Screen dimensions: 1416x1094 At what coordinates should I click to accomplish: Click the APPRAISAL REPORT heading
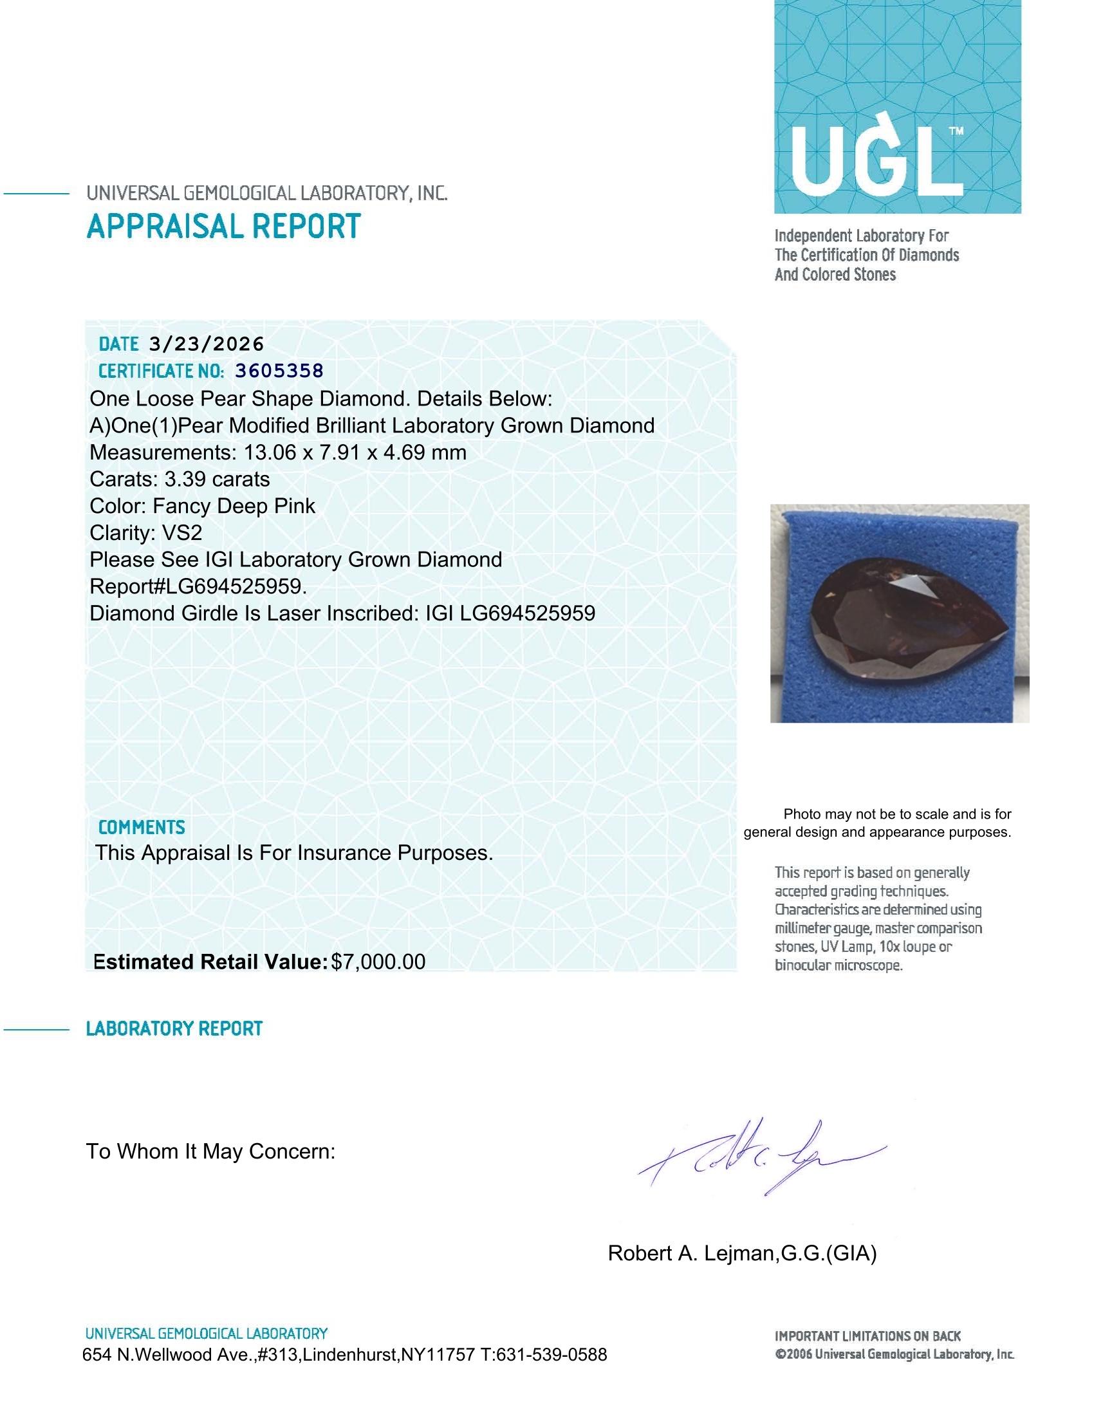pos(223,227)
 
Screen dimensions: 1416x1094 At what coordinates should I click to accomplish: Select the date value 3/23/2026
pos(206,344)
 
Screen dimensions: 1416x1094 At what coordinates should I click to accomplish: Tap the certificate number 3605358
pos(279,371)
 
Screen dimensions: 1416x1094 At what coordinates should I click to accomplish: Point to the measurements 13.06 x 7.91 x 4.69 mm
pos(355,452)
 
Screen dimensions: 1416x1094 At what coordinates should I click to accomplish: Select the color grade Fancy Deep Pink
pos(234,507)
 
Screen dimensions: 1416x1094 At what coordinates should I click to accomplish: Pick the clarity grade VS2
pos(183,533)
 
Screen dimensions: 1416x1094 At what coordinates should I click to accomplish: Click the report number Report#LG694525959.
pos(198,587)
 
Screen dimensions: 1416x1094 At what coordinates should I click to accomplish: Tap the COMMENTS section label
pos(142,827)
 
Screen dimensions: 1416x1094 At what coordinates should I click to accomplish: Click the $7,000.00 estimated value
pos(378,962)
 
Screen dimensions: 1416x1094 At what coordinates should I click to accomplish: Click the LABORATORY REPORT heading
pos(174,1029)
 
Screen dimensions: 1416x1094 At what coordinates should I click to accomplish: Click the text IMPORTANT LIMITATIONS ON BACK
pos(867,1336)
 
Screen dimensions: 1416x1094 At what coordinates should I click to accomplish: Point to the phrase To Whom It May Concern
pos(210,1151)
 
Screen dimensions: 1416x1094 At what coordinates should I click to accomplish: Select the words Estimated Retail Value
pos(210,962)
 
